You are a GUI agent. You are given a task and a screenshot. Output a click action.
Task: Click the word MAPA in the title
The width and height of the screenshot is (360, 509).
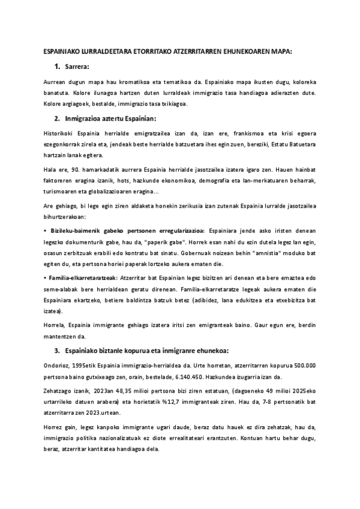[280, 52]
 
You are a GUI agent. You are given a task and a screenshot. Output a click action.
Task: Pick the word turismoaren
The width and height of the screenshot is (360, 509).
[63, 193]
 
